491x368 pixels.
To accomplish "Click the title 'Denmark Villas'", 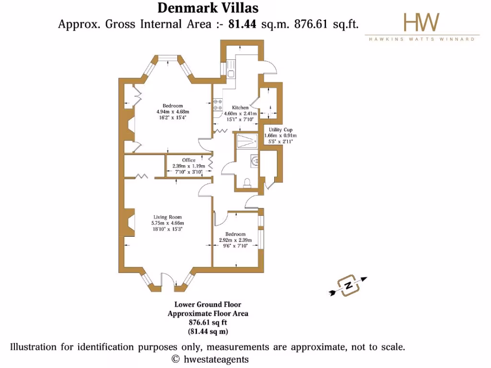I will (x=208, y=8).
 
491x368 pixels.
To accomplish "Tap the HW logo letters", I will (x=421, y=23).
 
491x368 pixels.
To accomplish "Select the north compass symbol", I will (x=349, y=286).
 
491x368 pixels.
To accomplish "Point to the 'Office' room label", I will (x=188, y=160).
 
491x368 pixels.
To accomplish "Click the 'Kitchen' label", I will (x=240, y=108).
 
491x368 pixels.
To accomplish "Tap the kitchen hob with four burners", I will (x=217, y=104).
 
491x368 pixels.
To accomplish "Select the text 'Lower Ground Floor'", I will (x=208, y=304).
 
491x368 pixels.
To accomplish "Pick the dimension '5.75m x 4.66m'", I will (x=168, y=223).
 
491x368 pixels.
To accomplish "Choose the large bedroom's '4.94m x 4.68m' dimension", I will (x=173, y=112).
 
